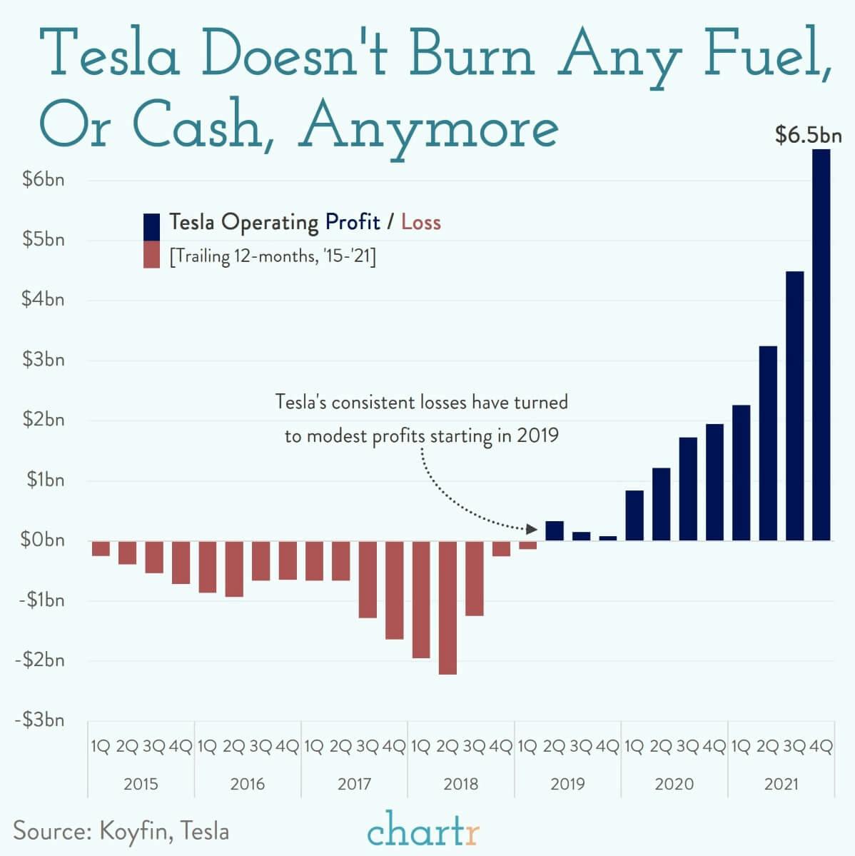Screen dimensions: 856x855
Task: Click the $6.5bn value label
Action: [x=808, y=135]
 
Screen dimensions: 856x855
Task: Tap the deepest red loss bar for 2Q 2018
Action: [x=447, y=607]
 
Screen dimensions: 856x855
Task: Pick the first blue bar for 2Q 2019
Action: [x=555, y=530]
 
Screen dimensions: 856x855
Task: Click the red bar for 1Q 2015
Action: [x=101, y=548]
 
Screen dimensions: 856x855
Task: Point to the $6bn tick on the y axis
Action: [x=44, y=180]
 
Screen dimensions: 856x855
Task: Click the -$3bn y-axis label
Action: [x=40, y=720]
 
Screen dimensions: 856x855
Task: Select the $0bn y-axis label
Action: [x=44, y=540]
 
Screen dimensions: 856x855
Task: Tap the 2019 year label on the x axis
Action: [x=567, y=784]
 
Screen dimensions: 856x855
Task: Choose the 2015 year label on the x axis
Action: [x=141, y=784]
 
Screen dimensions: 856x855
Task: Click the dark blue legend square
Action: [x=151, y=227]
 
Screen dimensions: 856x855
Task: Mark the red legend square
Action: [x=151, y=255]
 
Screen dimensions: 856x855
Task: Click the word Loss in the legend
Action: [x=420, y=222]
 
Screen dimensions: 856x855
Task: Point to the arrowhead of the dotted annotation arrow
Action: [x=531, y=529]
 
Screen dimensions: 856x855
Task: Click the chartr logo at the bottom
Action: [x=424, y=830]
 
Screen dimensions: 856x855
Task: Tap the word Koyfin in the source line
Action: [x=135, y=831]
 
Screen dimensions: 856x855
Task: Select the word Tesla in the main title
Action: [x=114, y=55]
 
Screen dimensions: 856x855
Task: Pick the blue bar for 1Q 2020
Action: [x=634, y=515]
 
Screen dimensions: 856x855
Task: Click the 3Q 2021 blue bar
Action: [x=794, y=406]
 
